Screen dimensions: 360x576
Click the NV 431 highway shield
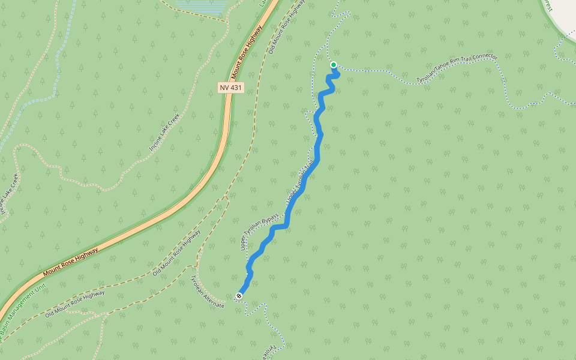[231, 88]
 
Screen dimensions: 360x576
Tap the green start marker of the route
[334, 65]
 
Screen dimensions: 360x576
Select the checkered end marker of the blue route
[239, 295]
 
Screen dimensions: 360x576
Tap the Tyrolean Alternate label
[207, 293]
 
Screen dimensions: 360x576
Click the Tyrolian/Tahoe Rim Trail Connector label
[457, 68]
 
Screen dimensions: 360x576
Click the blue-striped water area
[204, 5]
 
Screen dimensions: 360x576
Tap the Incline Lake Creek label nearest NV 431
[164, 132]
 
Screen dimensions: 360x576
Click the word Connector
[484, 60]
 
